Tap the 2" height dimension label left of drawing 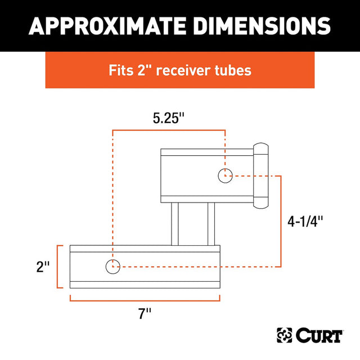point(42,267)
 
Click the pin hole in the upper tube point(225,175)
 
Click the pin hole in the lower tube point(112,266)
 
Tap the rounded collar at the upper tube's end point(260,174)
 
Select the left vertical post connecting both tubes point(175,224)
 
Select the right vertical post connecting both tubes point(211,224)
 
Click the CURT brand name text point(321,336)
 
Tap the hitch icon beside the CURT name point(285,336)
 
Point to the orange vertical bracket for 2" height point(58,267)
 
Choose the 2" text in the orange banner point(147,71)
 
